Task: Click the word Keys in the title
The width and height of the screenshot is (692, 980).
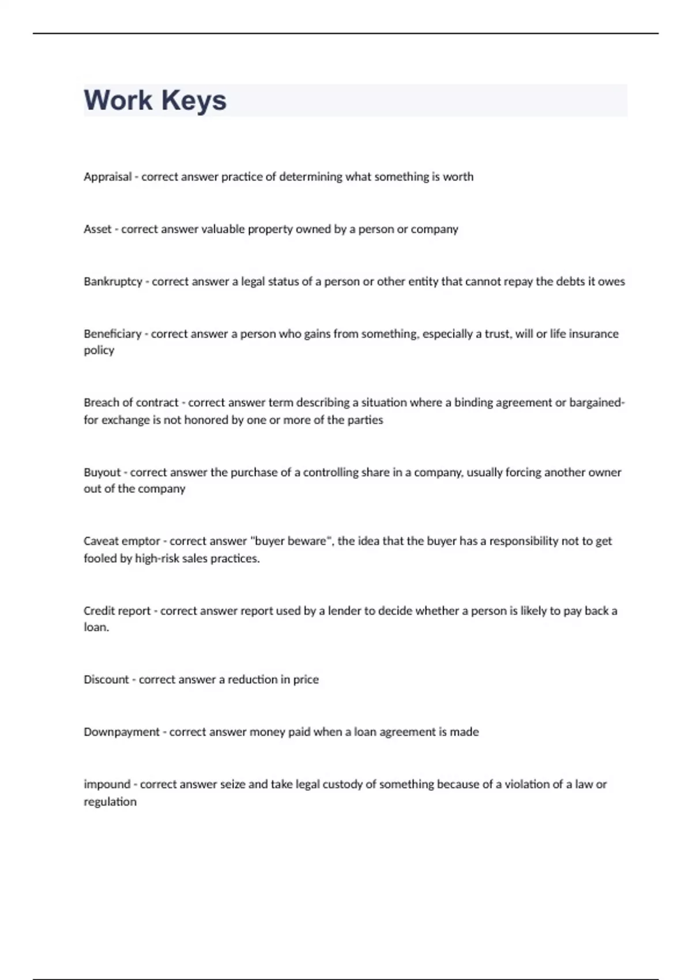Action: pyautogui.click(x=194, y=100)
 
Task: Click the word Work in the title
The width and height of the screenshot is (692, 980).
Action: pyautogui.click(x=118, y=100)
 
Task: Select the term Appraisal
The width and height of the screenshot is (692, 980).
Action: pyautogui.click(x=107, y=177)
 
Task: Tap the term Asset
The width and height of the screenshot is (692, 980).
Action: pyautogui.click(x=97, y=229)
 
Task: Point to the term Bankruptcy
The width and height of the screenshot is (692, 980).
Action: pyautogui.click(x=112, y=282)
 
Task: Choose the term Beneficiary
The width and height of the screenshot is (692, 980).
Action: pyautogui.click(x=112, y=334)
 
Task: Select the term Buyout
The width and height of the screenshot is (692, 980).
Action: pyautogui.click(x=102, y=472)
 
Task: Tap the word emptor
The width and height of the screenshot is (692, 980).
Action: pyautogui.click(x=141, y=541)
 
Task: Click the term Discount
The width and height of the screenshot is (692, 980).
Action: pyautogui.click(x=106, y=680)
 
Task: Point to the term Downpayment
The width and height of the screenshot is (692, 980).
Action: pyautogui.click(x=121, y=732)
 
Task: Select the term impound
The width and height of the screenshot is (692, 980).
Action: pyautogui.click(x=107, y=785)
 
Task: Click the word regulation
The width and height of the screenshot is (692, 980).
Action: pyautogui.click(x=110, y=802)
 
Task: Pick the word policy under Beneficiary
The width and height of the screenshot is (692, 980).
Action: pyautogui.click(x=99, y=350)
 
